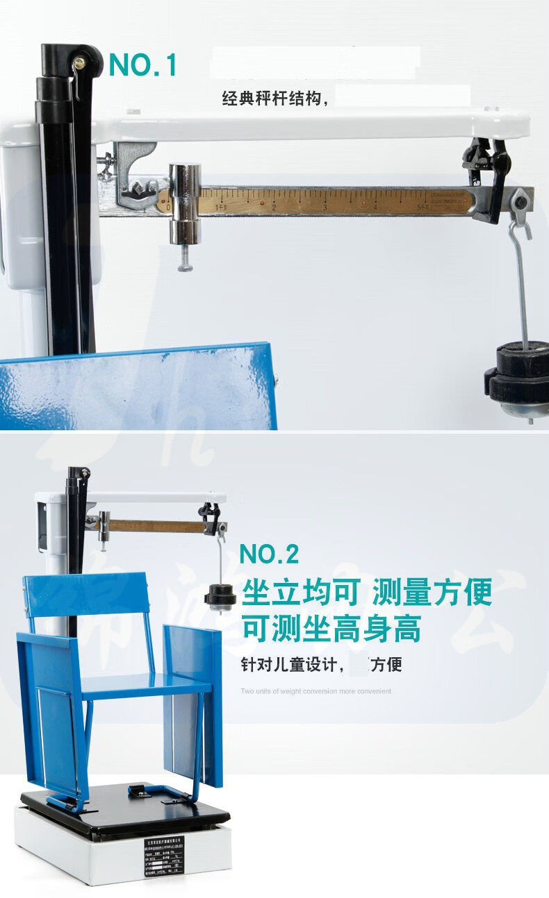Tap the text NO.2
point(269,554)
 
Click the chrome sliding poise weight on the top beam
point(185,203)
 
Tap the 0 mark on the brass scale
point(169,207)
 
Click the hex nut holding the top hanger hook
point(519,202)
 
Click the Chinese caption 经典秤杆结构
point(275,99)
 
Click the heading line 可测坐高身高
point(331,629)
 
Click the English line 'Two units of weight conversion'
point(316,691)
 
